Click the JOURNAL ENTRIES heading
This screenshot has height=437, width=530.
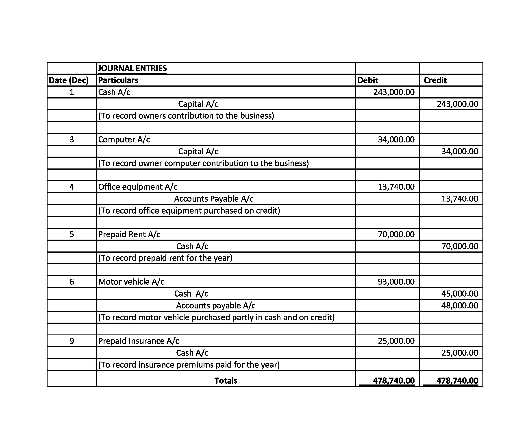pos(132,68)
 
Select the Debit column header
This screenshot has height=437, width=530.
pos(367,80)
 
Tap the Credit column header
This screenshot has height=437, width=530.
pos(435,80)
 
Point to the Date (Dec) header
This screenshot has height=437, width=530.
pos(69,80)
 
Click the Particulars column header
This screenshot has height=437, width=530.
pos(118,80)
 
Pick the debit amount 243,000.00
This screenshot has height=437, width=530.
pos(394,92)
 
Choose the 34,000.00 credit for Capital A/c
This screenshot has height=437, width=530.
pos(460,151)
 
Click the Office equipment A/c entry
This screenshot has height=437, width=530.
pos(138,187)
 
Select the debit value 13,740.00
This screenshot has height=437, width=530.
pos(396,187)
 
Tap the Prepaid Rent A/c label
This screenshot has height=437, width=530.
pos(129,234)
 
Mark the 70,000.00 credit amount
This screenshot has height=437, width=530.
pos(460,246)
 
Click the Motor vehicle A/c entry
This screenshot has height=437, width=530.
pos(131,282)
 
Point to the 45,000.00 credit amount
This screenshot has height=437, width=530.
pos(460,293)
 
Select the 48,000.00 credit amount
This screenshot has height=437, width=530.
pos(460,305)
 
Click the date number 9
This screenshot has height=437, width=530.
pos(72,341)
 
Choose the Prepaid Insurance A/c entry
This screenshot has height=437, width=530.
pos(139,341)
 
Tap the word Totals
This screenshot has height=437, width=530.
pos(226,381)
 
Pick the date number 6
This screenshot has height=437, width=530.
pos(72,282)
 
